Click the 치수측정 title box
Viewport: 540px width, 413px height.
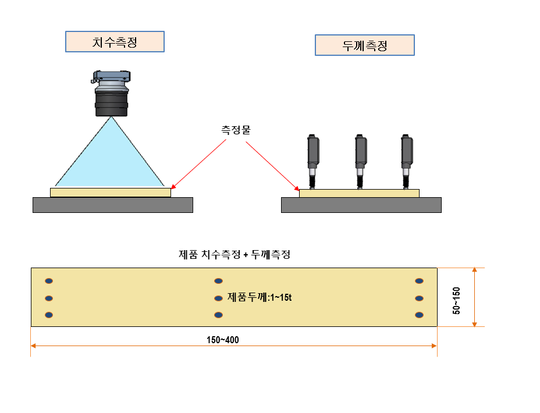(x=115, y=42)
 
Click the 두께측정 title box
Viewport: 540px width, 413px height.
(x=364, y=45)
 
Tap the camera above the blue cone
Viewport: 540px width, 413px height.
(x=111, y=93)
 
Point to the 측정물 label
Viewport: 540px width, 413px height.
(x=235, y=131)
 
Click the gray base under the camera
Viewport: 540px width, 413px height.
(x=112, y=205)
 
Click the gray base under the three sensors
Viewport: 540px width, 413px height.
(x=361, y=205)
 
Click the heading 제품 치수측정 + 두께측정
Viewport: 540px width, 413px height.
(x=235, y=254)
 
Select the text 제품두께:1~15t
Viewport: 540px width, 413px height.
(x=259, y=298)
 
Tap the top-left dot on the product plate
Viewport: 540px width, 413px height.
(x=49, y=281)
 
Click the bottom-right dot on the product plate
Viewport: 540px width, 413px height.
(x=418, y=315)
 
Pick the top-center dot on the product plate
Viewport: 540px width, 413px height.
(x=218, y=281)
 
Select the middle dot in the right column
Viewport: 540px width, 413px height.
(x=418, y=298)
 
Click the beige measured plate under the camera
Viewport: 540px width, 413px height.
(x=111, y=193)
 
